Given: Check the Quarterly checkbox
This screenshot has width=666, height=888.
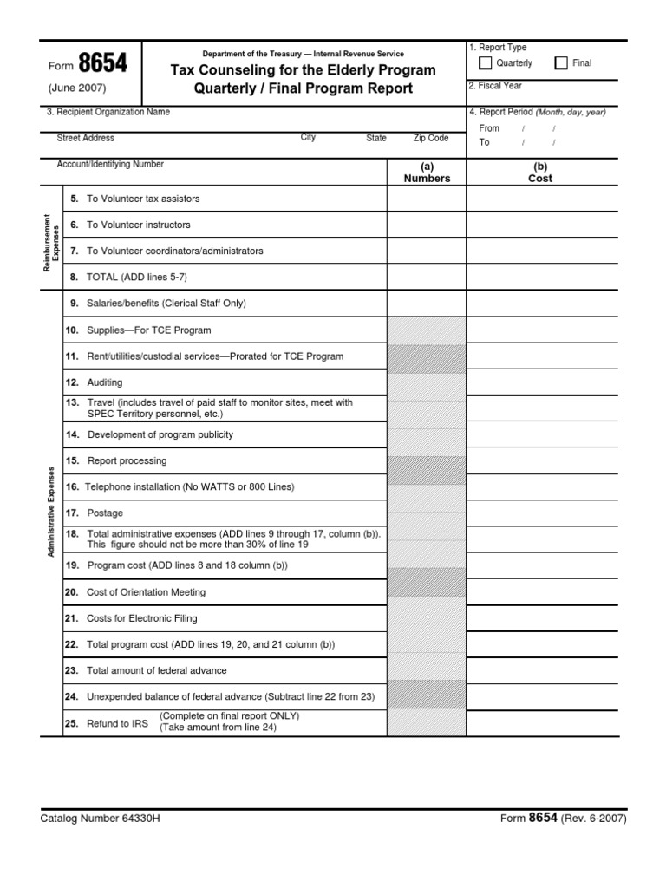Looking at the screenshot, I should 486,63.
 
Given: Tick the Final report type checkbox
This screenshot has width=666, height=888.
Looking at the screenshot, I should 561,63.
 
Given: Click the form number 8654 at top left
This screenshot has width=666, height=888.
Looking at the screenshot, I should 102,64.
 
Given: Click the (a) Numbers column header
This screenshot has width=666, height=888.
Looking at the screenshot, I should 427,173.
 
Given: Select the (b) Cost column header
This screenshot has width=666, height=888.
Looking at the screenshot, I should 540,173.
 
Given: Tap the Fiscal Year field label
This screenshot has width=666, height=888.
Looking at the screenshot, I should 495,86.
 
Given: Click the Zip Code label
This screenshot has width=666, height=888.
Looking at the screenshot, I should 431,138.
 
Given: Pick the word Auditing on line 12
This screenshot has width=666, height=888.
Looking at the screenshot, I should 105,382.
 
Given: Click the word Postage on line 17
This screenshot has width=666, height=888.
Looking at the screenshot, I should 105,513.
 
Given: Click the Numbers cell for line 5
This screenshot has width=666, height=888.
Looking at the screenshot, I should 427,199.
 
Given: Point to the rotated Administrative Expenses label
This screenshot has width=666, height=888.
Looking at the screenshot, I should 51,512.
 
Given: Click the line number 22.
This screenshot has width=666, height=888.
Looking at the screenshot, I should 71,645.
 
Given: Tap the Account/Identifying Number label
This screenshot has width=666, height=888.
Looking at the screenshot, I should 110,164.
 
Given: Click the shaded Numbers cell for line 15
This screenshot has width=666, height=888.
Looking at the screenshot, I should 427,461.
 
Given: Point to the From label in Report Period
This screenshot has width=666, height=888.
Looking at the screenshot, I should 489,128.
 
